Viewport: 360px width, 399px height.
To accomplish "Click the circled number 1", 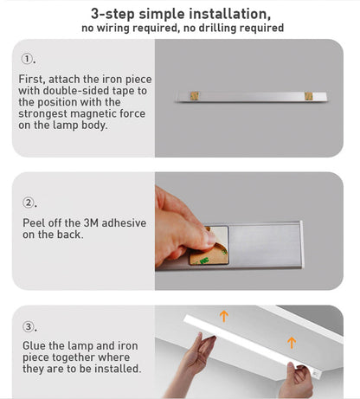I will pyautogui.click(x=28, y=61).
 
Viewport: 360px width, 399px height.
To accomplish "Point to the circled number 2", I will pyautogui.click(x=28, y=203).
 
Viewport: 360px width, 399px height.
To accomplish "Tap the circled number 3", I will pyautogui.click(x=28, y=327).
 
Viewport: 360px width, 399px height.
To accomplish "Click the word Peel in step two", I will pyautogui.click(x=34, y=222).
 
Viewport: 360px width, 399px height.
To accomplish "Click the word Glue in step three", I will pyautogui.click(x=35, y=346).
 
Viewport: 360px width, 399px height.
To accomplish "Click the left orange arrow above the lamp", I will pyautogui.click(x=224, y=316).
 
